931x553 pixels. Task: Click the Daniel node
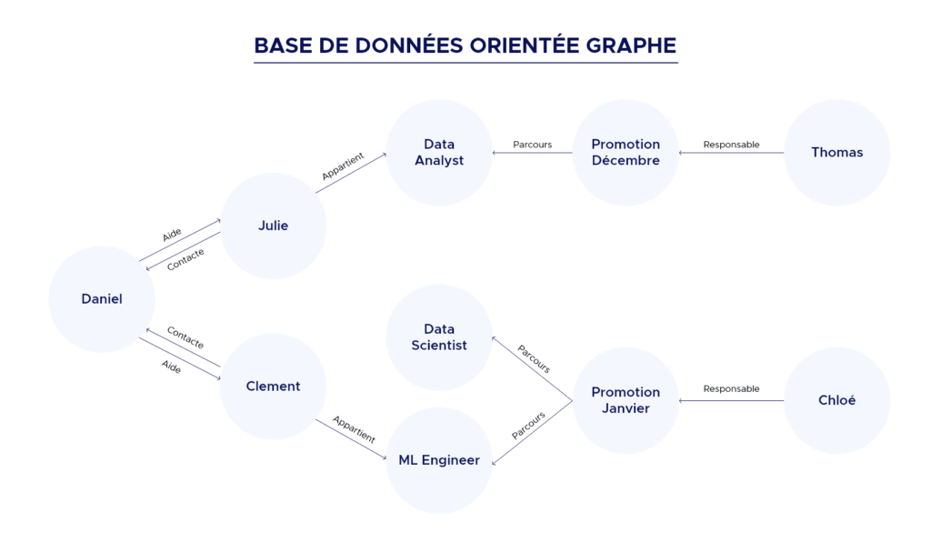coord(102,298)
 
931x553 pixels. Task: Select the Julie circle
coord(273,226)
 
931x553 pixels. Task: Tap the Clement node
coord(273,387)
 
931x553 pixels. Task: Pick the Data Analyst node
coord(439,152)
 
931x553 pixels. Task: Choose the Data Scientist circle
coord(439,337)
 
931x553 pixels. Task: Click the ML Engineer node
coord(439,460)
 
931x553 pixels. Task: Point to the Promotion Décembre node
coord(626,152)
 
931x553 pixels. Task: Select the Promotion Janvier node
coord(626,400)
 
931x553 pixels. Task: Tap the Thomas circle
coord(836,152)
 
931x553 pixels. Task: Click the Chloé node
coord(836,400)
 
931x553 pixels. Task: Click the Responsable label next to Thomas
coord(731,145)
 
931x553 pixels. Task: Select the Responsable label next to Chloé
coord(731,389)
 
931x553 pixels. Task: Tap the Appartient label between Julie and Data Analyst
coord(343,166)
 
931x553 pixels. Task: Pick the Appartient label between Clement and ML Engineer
coord(354,429)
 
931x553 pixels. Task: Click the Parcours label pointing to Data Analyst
coord(532,145)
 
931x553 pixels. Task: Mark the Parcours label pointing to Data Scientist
coord(534,358)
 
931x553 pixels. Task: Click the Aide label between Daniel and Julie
coord(172,235)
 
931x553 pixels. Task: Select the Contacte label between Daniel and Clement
coord(185,338)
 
